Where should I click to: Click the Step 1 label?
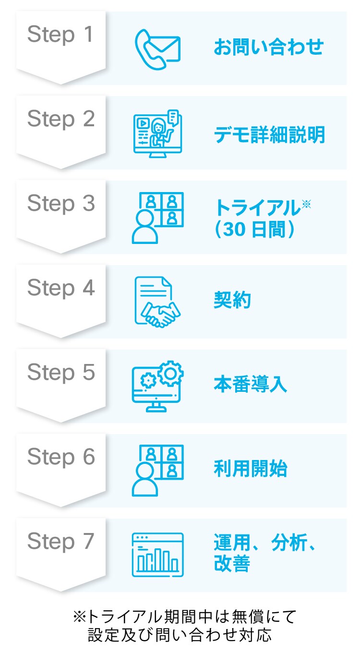pos(60,35)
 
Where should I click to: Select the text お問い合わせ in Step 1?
pos(268,48)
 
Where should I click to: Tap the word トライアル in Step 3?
pos(257,208)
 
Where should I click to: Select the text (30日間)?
pos(255,230)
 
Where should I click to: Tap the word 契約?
pos(232,301)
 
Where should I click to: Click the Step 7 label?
pos(60,541)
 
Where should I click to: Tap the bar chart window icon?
pos(157,555)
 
